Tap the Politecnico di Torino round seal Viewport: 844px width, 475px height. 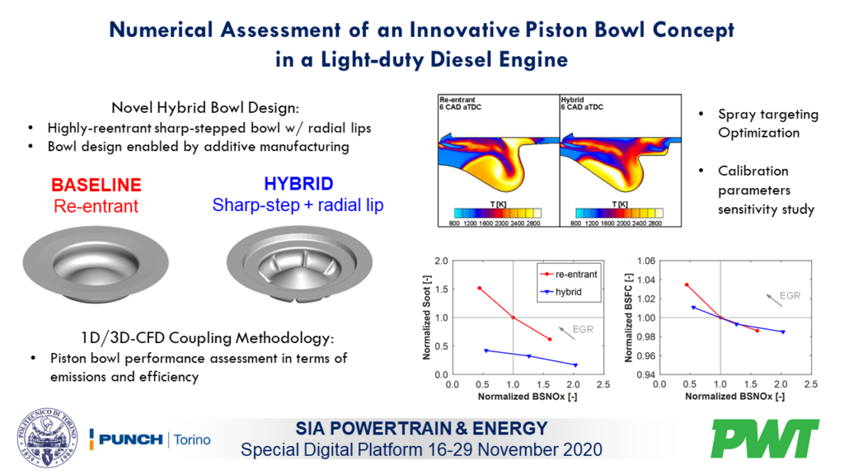coord(45,438)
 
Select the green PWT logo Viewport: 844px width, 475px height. coord(766,438)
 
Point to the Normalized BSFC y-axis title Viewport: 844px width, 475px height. coord(629,317)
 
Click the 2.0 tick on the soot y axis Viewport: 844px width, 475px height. coord(440,261)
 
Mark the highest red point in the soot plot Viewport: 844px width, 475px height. coord(479,288)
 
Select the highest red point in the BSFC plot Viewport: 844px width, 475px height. coord(686,285)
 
